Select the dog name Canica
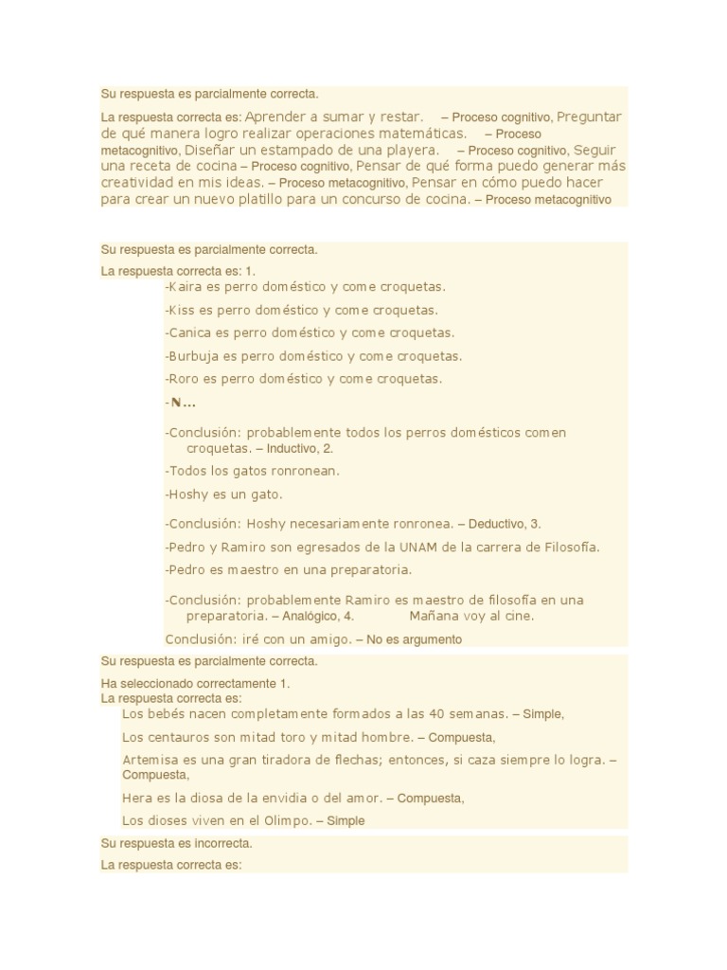coord(189,333)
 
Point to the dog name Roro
coord(184,379)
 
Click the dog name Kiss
coord(181,310)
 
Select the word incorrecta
coord(224,843)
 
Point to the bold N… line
coord(183,403)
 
